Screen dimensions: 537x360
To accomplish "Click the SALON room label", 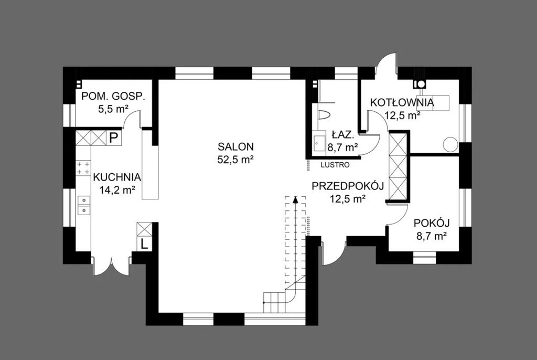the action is click(x=235, y=147).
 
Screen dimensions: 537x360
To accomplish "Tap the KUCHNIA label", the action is click(x=117, y=177).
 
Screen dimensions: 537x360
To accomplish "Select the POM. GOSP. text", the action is click(x=113, y=97).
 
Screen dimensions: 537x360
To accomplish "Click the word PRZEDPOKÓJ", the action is click(x=347, y=186).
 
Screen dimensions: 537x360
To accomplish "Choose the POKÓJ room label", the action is click(x=432, y=223).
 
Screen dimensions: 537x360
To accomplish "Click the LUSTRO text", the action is click(x=335, y=165).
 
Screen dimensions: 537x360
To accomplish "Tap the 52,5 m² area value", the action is click(x=235, y=160).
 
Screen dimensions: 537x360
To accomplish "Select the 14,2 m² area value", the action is click(x=117, y=190).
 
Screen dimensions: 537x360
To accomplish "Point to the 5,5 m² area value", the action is click(x=113, y=109).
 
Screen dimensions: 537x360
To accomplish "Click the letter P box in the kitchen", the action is click(x=113, y=138).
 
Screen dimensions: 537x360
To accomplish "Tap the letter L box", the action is click(x=144, y=244).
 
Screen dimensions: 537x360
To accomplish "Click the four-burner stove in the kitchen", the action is click(x=83, y=167).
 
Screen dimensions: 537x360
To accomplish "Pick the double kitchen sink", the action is click(x=83, y=205).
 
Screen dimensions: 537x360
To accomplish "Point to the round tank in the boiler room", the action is click(x=450, y=144).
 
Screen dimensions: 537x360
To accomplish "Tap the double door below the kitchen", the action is click(x=111, y=266).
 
